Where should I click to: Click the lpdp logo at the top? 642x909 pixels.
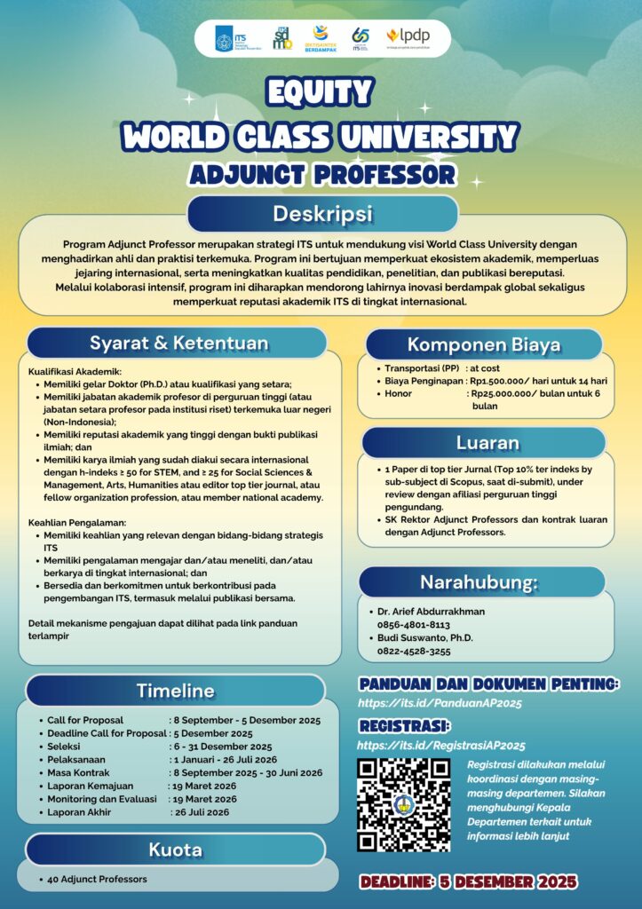point(408,36)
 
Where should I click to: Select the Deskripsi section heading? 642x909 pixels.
point(321,215)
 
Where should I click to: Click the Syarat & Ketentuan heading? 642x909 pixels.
point(178,344)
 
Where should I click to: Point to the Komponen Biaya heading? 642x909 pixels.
point(484,344)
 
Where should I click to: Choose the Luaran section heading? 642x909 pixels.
point(487,442)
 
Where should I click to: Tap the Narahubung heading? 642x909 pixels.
point(486,582)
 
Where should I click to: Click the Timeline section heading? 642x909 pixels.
point(175,691)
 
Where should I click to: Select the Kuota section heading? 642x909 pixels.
point(175,850)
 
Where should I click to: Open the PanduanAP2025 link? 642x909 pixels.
point(439,703)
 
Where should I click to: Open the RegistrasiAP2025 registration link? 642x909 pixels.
point(441,746)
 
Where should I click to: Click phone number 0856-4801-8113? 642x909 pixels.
point(415,624)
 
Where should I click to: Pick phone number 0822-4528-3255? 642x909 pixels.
point(415,651)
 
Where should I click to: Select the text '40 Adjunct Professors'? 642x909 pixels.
point(98,879)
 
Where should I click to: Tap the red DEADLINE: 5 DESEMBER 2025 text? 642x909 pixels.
point(469,881)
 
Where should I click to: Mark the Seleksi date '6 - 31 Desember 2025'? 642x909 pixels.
point(223,747)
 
